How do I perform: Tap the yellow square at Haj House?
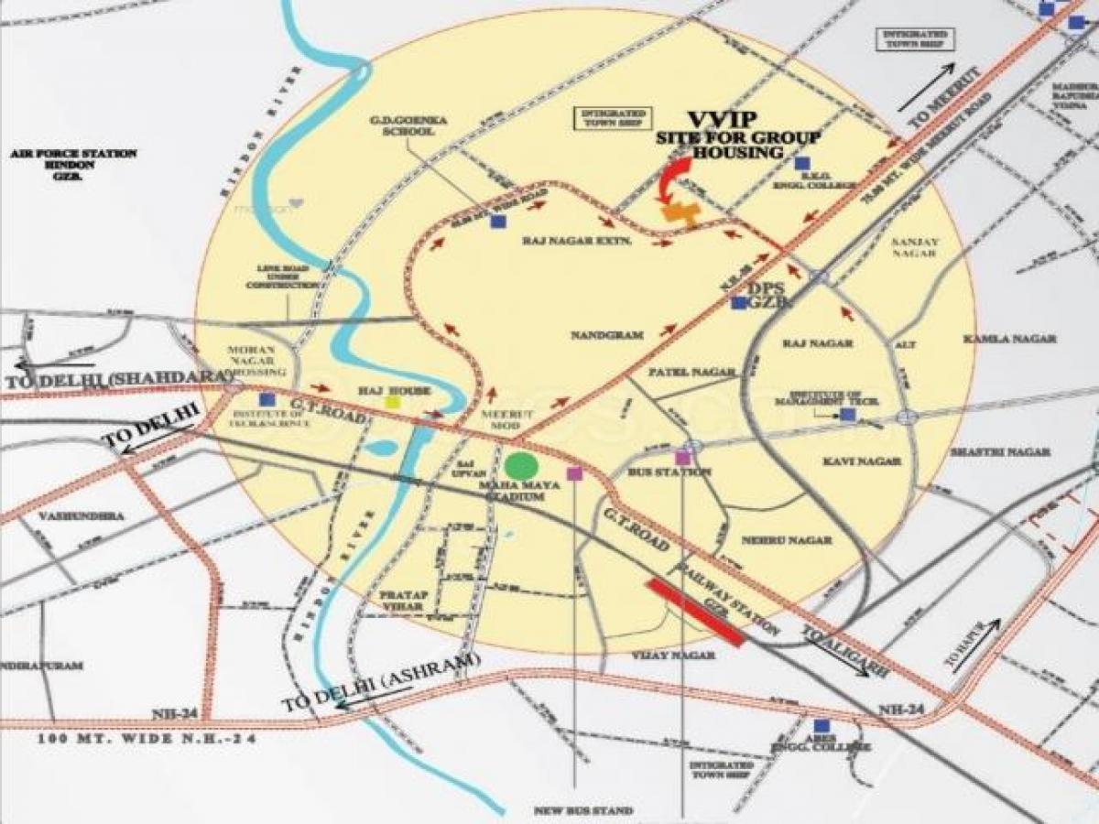[393, 401]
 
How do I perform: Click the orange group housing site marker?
[681, 214]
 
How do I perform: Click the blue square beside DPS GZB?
[738, 302]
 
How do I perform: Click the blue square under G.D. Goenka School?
[497, 222]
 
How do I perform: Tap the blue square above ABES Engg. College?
[807, 725]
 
